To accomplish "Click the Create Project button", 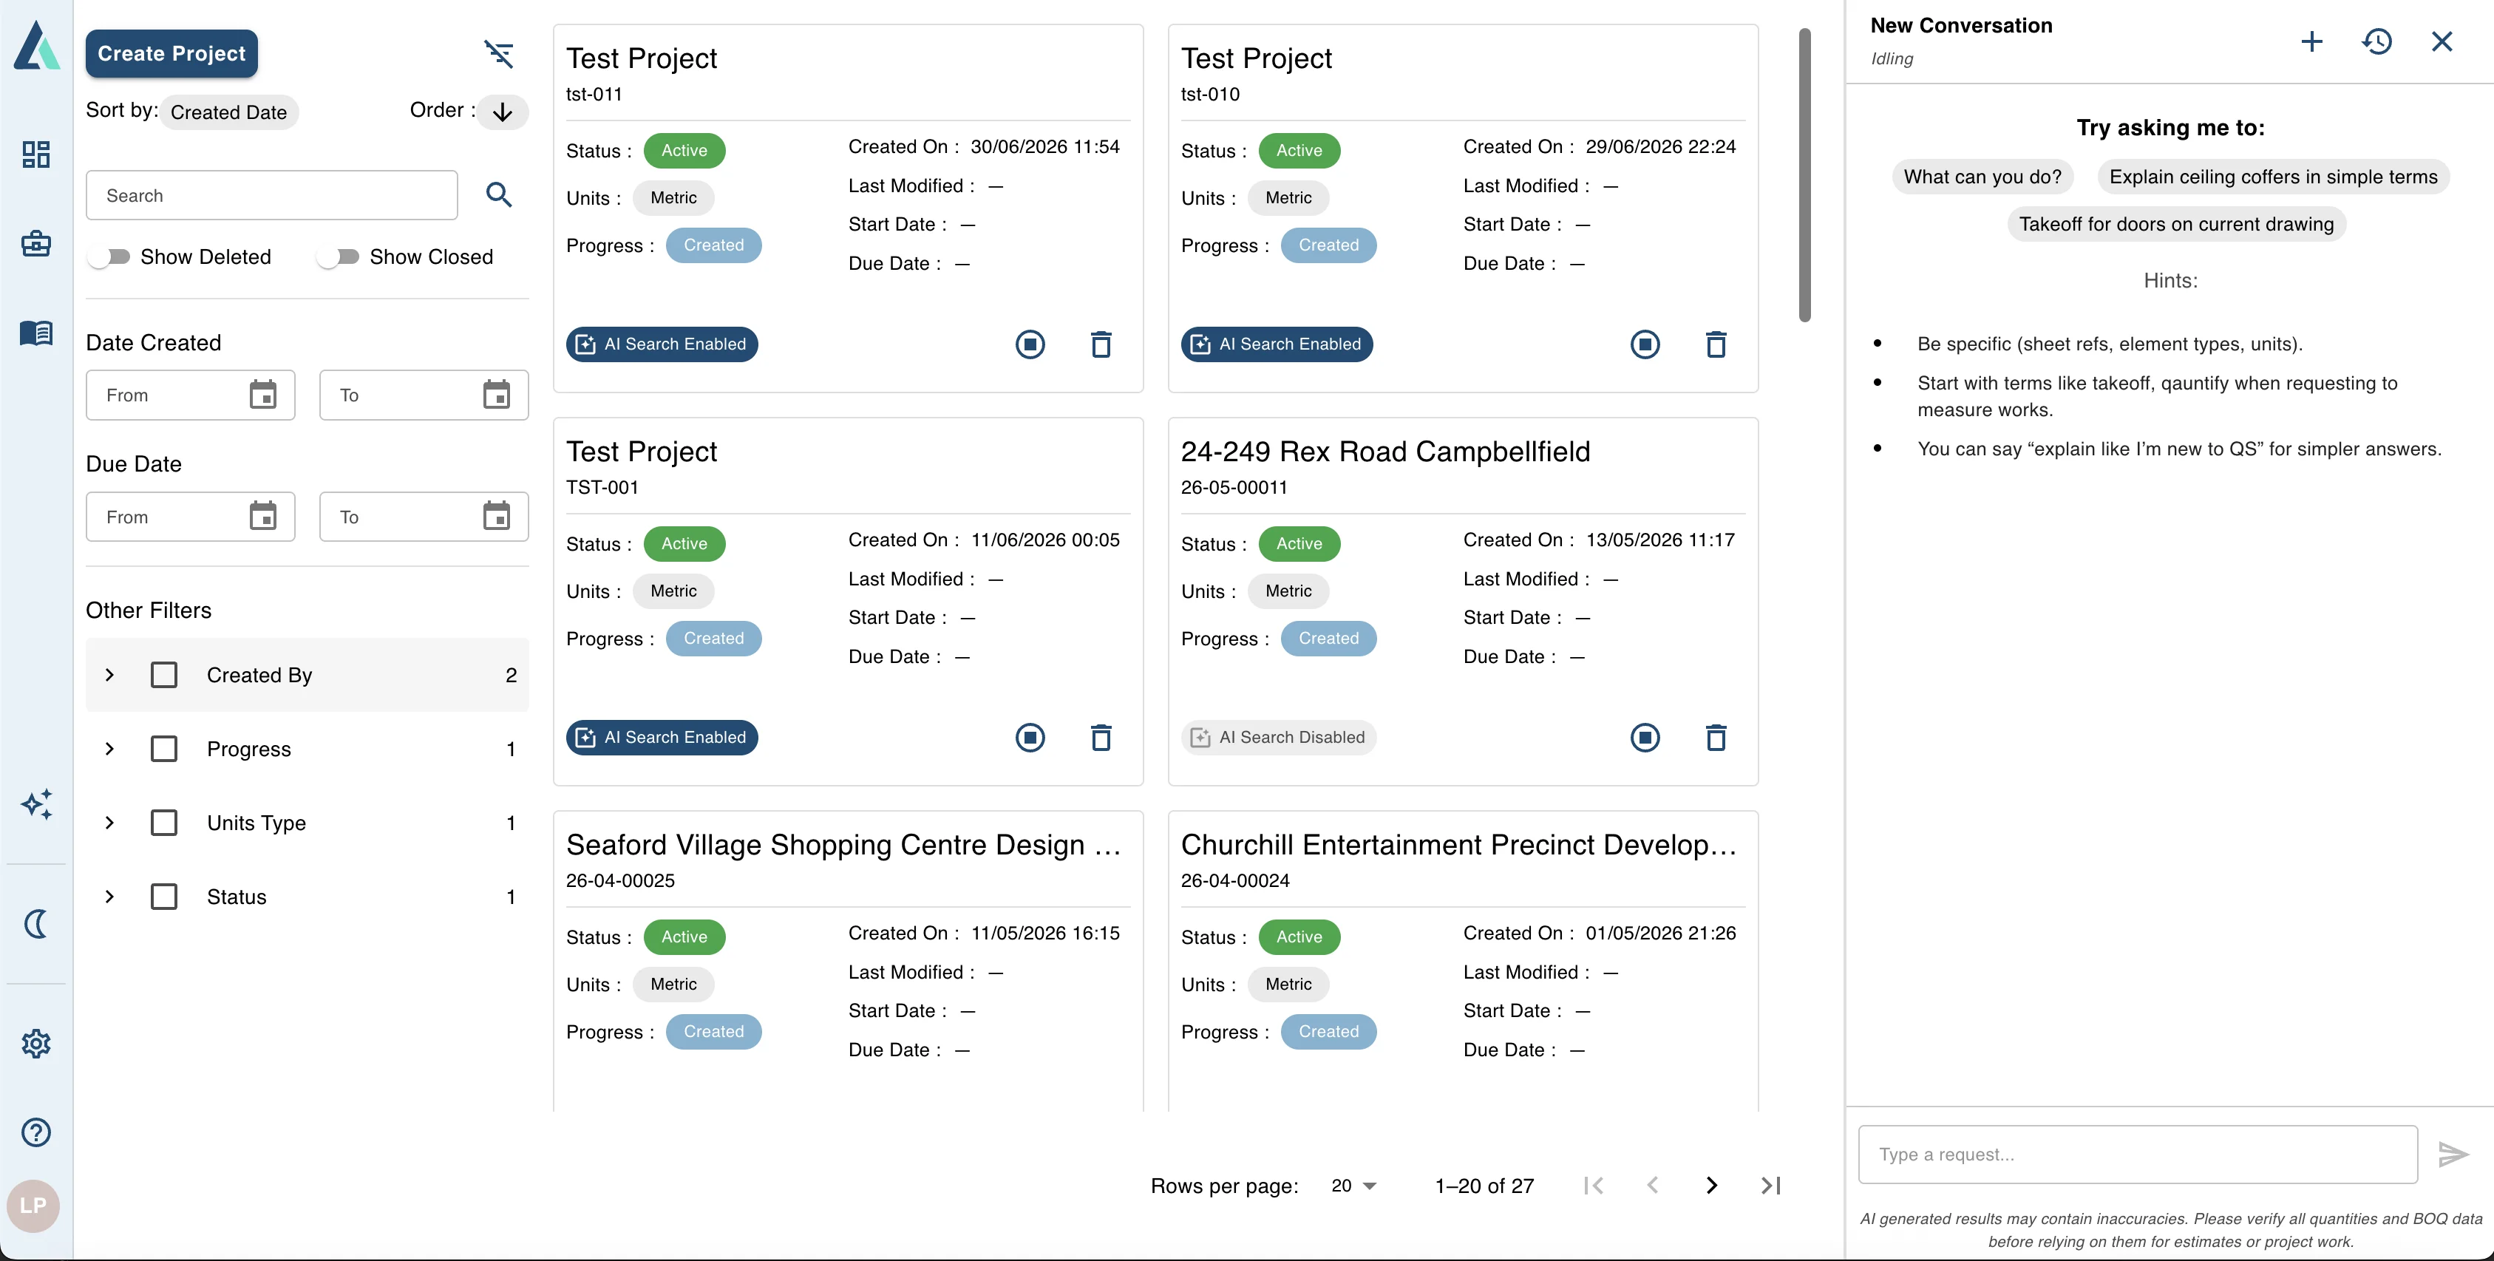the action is [171, 53].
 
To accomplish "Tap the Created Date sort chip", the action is [228, 112].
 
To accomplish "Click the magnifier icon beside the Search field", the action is [499, 194].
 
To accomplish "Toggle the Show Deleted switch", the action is [109, 256].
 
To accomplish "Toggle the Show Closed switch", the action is [338, 256].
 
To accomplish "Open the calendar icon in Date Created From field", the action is [262, 395].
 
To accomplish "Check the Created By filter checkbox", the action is [165, 675].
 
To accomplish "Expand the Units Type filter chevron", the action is [109, 823].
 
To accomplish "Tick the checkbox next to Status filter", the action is [165, 896].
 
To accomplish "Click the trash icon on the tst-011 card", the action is [1101, 344].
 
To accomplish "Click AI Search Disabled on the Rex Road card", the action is [1278, 738].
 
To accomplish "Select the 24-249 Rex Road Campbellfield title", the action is [1385, 452].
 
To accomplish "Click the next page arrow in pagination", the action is [1712, 1186].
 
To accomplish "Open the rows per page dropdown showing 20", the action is [1353, 1186].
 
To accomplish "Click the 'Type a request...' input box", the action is [2138, 1154].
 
